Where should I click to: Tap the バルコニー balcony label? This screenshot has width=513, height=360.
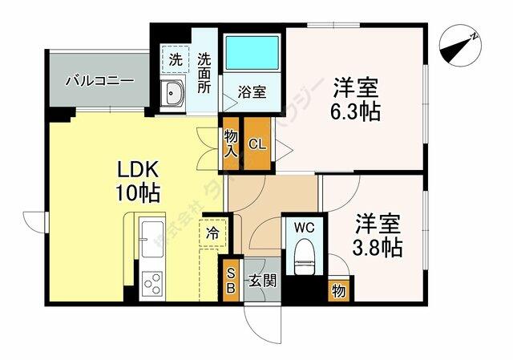point(99,81)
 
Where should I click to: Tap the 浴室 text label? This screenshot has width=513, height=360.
point(252,92)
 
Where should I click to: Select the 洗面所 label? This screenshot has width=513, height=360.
point(204,71)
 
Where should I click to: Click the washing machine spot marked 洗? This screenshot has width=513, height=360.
point(174,59)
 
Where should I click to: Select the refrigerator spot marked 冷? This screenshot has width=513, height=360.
point(212,235)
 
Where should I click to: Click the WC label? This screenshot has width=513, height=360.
point(302,227)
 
